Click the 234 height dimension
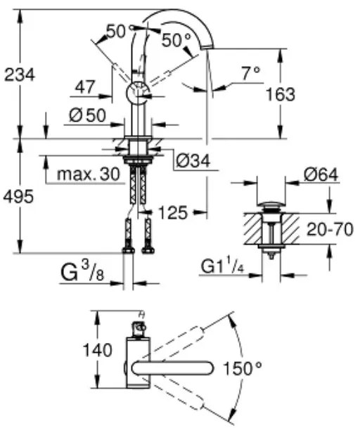[20, 74]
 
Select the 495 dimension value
[18, 197]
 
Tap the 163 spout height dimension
[281, 94]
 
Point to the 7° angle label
[251, 73]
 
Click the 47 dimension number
[85, 87]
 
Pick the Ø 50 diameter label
[87, 115]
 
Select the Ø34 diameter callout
[193, 160]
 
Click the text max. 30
[89, 174]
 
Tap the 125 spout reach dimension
[173, 213]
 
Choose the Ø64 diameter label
[321, 174]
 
